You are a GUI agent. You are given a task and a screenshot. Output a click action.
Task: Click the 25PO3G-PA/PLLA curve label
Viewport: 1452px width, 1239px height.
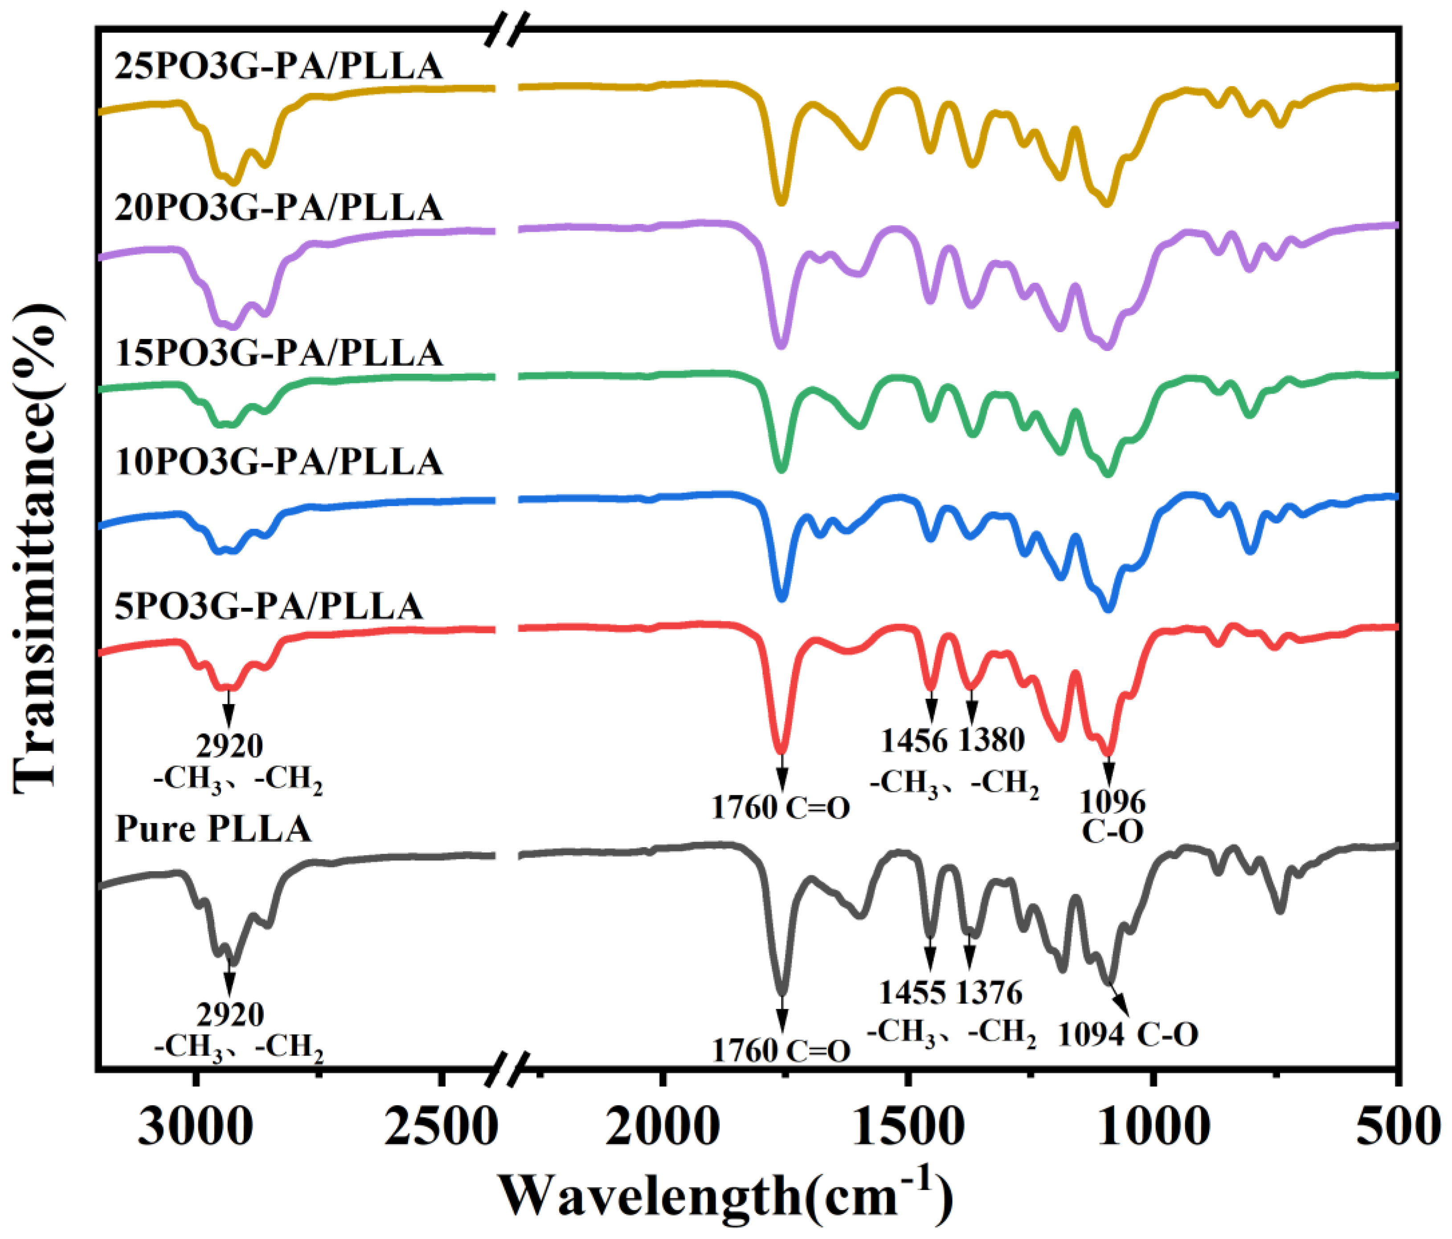(x=279, y=66)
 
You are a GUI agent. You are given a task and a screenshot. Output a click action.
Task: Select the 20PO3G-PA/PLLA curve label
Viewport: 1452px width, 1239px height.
(x=279, y=208)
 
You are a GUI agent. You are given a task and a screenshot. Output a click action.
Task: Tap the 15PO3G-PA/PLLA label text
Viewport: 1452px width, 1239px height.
(x=279, y=352)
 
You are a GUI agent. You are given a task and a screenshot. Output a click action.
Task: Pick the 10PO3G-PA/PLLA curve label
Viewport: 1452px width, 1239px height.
(x=279, y=461)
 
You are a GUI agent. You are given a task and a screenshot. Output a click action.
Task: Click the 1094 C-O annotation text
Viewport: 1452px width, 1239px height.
(x=1128, y=1034)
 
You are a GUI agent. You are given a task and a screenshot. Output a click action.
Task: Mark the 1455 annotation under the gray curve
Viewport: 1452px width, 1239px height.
(x=912, y=992)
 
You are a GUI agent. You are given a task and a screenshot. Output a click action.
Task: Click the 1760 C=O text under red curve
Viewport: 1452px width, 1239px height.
(x=781, y=807)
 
